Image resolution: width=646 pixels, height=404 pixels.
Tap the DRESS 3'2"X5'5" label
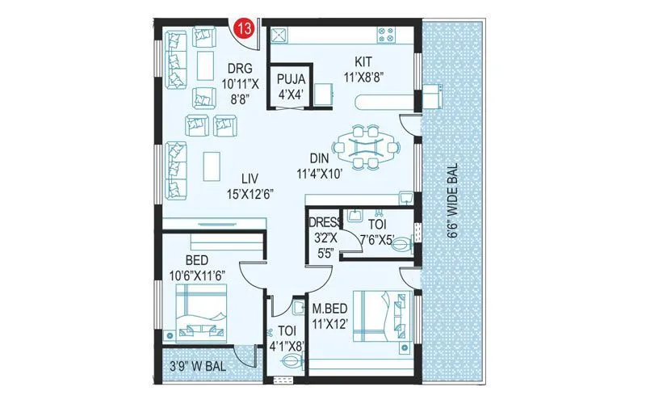coord(325,234)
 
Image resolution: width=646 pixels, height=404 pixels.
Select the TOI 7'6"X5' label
coord(378,233)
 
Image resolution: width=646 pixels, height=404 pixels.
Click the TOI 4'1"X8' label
coord(287,338)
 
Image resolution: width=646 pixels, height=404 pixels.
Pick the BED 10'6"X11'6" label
coord(196,267)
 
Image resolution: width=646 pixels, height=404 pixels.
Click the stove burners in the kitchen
coord(385,36)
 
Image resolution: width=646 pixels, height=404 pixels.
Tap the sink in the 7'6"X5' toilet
coord(354,216)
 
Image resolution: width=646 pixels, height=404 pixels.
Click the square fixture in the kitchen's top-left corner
coord(279,35)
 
